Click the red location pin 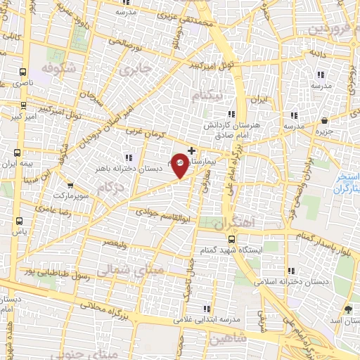pyautogui.click(x=181, y=165)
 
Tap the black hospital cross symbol pyautogui.click(x=192, y=150)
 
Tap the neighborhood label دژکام pyautogui.click(x=110, y=187)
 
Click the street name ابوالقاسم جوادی pyautogui.click(x=160, y=210)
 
